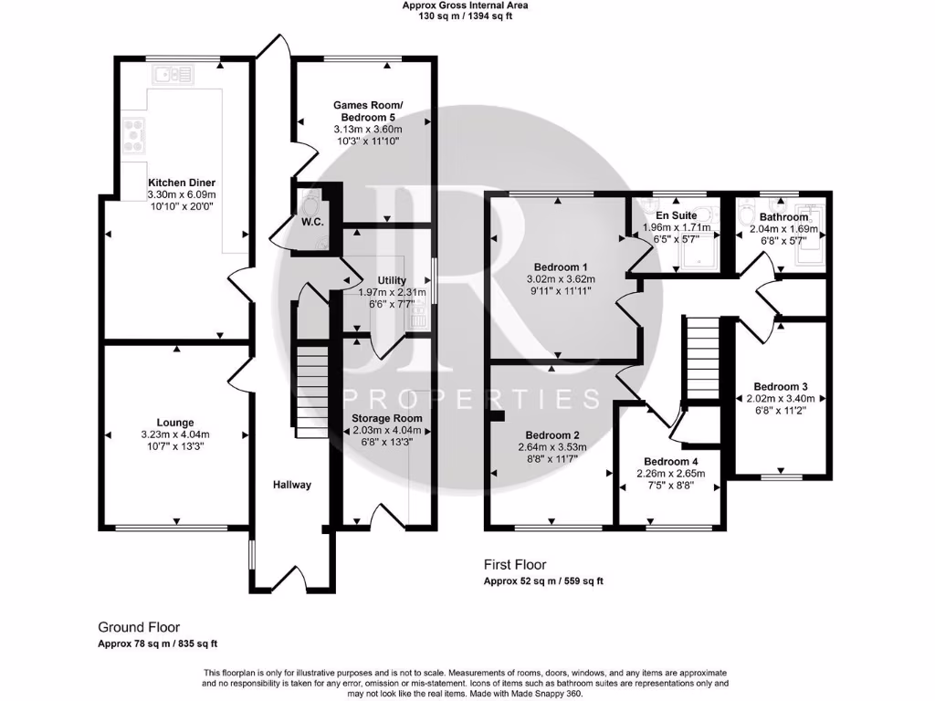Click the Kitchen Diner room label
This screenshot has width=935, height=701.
(182, 183)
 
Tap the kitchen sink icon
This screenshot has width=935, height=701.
(173, 75)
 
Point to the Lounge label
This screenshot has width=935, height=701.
(174, 423)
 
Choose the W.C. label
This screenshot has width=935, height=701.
(311, 219)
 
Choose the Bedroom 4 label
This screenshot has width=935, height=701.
(671, 461)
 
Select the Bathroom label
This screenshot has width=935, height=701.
(783, 217)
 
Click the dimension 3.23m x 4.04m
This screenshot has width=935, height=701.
(174, 434)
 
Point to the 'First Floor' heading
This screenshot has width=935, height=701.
(515, 565)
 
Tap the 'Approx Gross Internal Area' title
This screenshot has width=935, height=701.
(466, 5)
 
